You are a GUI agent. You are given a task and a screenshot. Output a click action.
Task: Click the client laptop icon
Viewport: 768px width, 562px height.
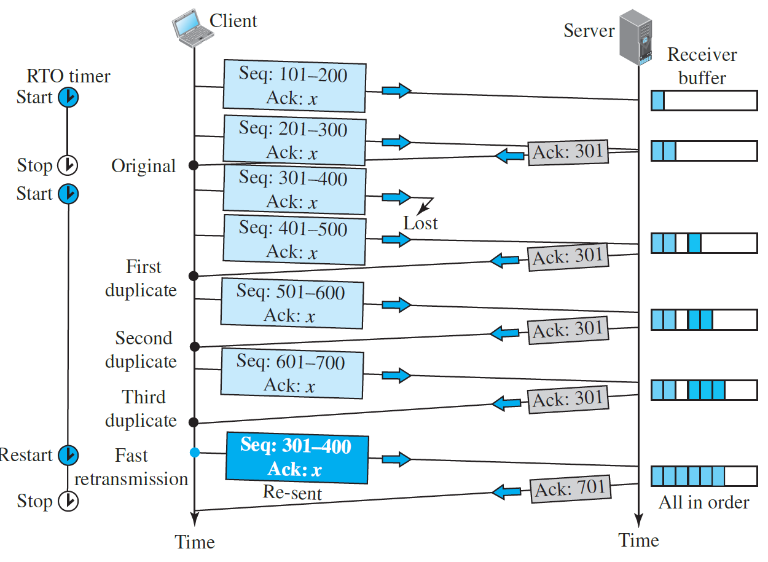click(193, 28)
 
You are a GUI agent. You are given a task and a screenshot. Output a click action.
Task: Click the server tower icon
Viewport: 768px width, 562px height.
click(636, 37)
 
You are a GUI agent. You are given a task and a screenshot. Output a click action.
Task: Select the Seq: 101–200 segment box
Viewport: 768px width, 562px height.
click(294, 85)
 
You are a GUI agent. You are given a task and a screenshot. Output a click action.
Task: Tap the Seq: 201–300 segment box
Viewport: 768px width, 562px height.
click(294, 140)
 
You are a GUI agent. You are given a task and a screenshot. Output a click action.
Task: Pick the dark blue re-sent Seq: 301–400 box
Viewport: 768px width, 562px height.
click(297, 458)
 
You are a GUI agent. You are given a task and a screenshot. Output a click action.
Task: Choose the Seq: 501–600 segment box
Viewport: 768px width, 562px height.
click(292, 304)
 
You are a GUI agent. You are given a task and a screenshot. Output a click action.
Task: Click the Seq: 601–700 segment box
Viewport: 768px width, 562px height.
click(292, 374)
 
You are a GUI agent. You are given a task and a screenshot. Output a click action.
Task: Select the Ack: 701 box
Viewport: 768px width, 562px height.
click(571, 489)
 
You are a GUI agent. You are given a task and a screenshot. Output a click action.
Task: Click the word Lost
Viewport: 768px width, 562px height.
click(420, 223)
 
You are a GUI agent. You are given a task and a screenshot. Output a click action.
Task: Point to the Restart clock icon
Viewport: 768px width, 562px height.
click(68, 455)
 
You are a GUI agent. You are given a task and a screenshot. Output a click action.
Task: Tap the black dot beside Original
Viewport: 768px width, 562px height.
click(194, 165)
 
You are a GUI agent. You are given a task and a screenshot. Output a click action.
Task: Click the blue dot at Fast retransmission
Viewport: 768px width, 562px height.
click(195, 453)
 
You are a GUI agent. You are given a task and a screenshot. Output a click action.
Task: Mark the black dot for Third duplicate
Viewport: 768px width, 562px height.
click(194, 422)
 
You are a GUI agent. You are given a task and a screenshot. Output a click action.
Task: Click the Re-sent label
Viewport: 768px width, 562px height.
click(292, 493)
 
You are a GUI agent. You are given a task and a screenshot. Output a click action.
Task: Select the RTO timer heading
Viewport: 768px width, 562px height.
click(68, 76)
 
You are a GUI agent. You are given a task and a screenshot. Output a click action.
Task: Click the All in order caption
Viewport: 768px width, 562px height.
click(704, 502)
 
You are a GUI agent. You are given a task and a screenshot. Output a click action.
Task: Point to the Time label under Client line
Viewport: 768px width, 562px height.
click(195, 542)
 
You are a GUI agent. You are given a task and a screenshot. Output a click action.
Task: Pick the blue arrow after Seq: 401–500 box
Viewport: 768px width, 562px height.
click(397, 239)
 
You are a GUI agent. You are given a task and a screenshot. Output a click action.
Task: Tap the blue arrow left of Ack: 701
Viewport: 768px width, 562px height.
click(507, 492)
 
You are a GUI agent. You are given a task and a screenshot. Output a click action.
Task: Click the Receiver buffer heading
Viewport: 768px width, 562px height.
click(702, 66)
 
